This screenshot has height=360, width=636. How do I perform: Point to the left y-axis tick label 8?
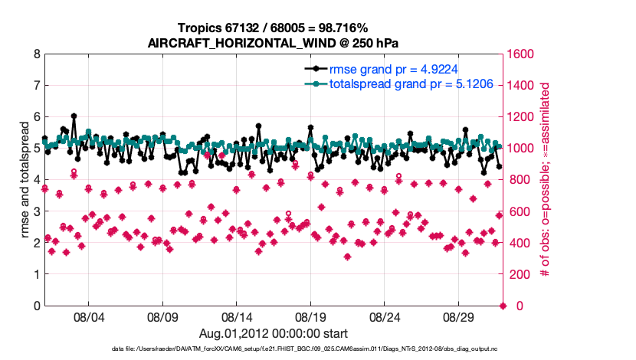[37, 54]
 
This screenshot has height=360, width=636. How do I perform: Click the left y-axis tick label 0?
[37, 306]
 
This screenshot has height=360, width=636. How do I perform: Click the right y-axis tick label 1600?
[523, 54]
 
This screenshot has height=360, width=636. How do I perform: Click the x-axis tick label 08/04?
[88, 316]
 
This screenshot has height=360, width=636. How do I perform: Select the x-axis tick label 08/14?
[237, 316]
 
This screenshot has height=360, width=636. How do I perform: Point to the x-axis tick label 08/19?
[311, 316]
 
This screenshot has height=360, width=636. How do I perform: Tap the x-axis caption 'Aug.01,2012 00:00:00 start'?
[274, 333]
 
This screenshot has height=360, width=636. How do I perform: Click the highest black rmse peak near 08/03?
[74, 116]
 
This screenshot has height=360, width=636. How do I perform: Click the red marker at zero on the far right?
[503, 306]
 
